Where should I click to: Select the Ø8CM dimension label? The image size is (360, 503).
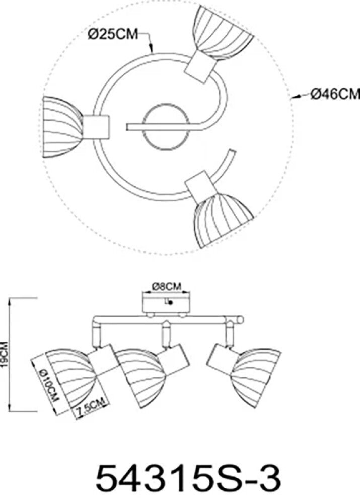[x=166, y=287]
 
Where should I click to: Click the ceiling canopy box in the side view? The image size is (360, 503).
[x=166, y=305]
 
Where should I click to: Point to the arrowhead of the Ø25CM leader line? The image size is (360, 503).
[x=153, y=51]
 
